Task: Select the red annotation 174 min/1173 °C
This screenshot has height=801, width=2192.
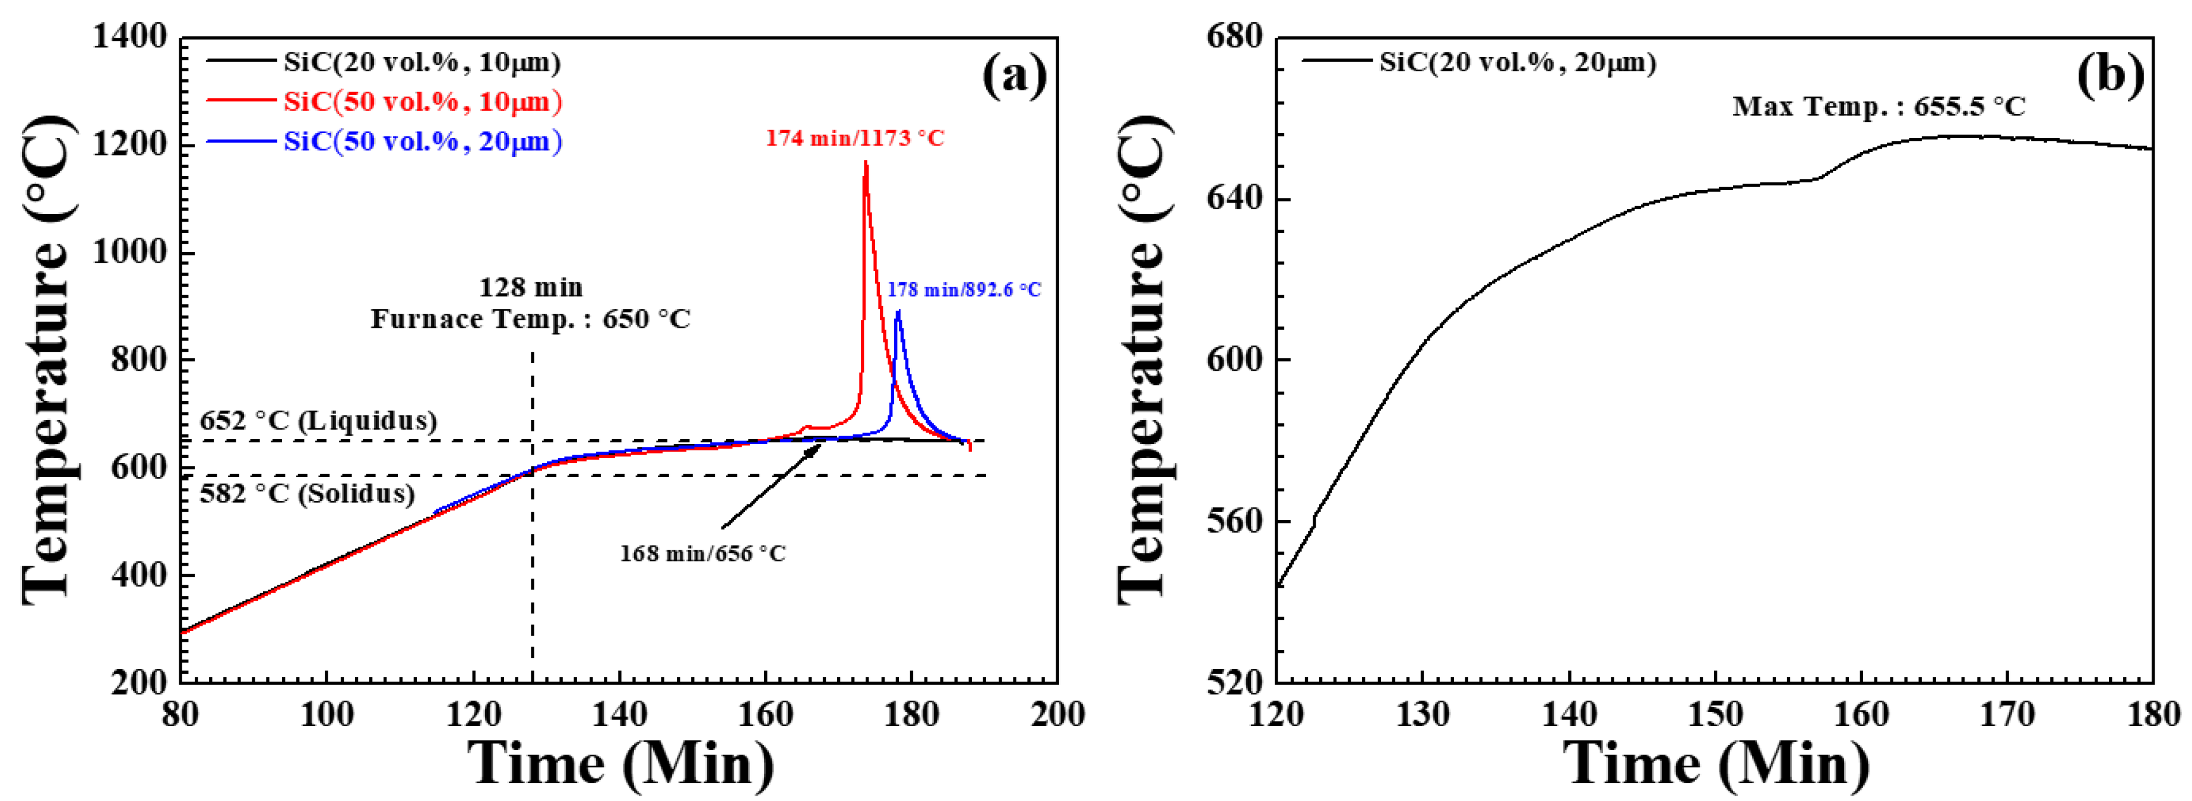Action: tap(854, 138)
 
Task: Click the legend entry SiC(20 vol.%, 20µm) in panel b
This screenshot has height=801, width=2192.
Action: tap(1517, 63)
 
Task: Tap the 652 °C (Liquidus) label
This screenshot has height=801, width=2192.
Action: tap(318, 421)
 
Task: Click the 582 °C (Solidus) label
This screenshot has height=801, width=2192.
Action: tap(307, 494)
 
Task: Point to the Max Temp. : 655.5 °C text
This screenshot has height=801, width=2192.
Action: tap(1879, 107)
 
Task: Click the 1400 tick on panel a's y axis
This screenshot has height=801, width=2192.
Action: tap(129, 37)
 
